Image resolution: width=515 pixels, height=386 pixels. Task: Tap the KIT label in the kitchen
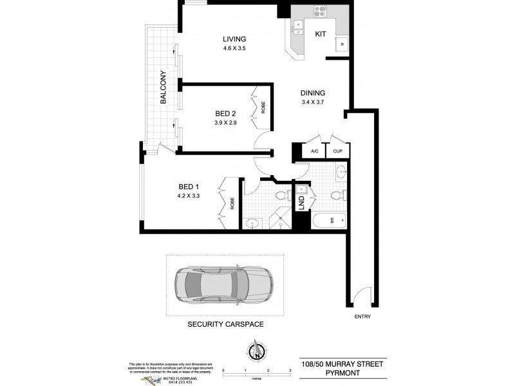(x=320, y=34)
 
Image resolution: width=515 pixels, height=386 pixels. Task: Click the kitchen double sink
(x=297, y=26)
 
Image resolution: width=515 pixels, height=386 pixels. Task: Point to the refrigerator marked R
(x=341, y=44)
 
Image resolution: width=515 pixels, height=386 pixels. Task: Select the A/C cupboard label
(x=315, y=151)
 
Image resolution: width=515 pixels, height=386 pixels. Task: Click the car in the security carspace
(x=223, y=285)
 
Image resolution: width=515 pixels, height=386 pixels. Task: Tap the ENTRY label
(x=362, y=318)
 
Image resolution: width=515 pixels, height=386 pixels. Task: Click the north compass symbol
(x=257, y=352)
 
